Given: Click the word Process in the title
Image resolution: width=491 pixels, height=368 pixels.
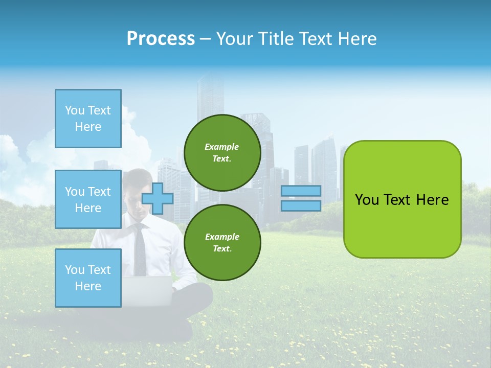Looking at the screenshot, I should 161,39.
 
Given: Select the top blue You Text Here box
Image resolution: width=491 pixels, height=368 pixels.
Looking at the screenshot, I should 88,119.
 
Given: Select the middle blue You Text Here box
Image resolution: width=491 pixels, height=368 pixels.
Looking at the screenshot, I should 88,199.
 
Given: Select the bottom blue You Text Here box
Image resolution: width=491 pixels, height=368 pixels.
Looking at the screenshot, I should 88,278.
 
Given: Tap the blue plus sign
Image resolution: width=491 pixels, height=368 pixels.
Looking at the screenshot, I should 158,198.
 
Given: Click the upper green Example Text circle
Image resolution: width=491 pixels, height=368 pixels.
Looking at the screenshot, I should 222,153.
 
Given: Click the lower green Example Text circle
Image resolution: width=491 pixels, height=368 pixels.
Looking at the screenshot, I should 222,242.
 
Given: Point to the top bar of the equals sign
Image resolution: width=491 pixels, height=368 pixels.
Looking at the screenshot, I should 301,191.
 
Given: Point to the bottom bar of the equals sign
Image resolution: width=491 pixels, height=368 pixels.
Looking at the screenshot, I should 301,205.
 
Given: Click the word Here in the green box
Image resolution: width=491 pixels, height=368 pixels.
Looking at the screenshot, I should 432,200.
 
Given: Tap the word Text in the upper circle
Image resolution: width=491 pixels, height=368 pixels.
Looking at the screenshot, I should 222,158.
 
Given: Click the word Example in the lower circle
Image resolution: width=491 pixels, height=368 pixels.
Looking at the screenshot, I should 222,237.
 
